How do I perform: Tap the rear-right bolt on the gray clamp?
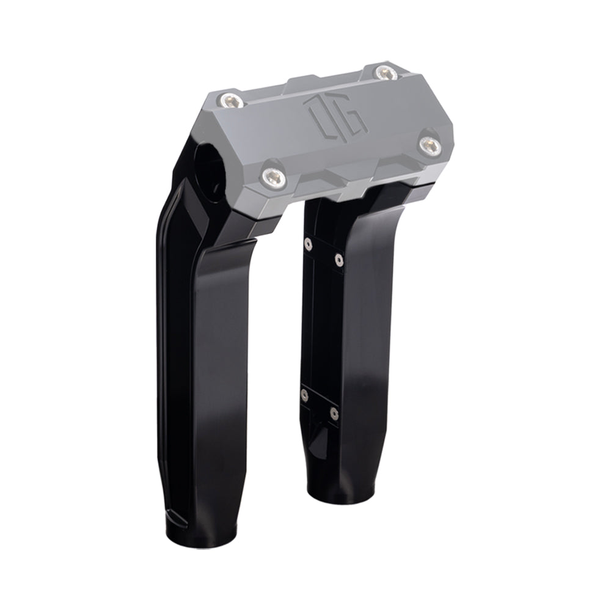coord(384,73)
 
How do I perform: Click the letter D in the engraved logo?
coord(321,116)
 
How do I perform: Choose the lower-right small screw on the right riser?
coord(333,414)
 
